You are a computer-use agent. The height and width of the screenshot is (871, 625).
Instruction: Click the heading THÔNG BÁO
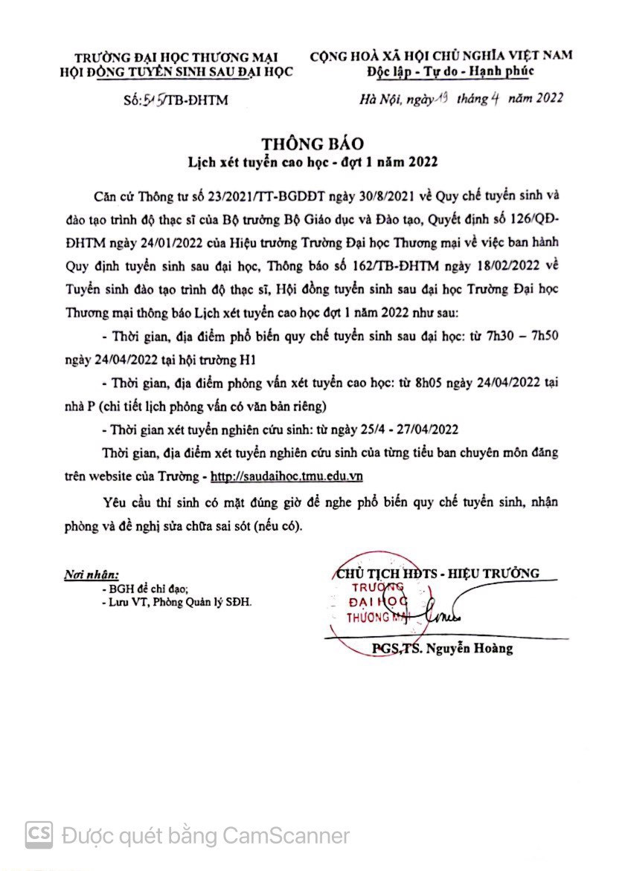[x=312, y=144]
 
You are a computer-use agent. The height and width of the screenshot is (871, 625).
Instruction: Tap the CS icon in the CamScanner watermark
[x=39, y=835]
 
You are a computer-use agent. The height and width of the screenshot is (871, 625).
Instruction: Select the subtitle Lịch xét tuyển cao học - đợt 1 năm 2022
[x=312, y=161]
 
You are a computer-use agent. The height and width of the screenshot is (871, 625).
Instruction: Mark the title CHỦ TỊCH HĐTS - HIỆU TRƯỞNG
[x=437, y=573]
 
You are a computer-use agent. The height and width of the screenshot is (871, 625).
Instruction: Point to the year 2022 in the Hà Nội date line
[x=546, y=97]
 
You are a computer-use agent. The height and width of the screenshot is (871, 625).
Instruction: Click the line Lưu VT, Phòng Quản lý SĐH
[x=179, y=602]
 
